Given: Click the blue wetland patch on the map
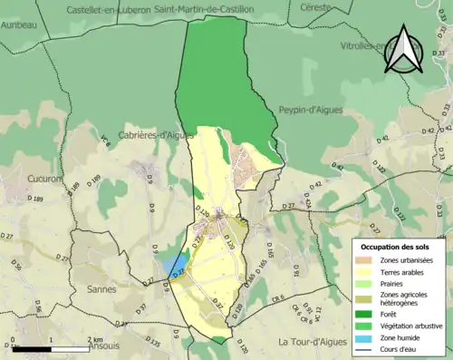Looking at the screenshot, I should pyautogui.click(x=177, y=264).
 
